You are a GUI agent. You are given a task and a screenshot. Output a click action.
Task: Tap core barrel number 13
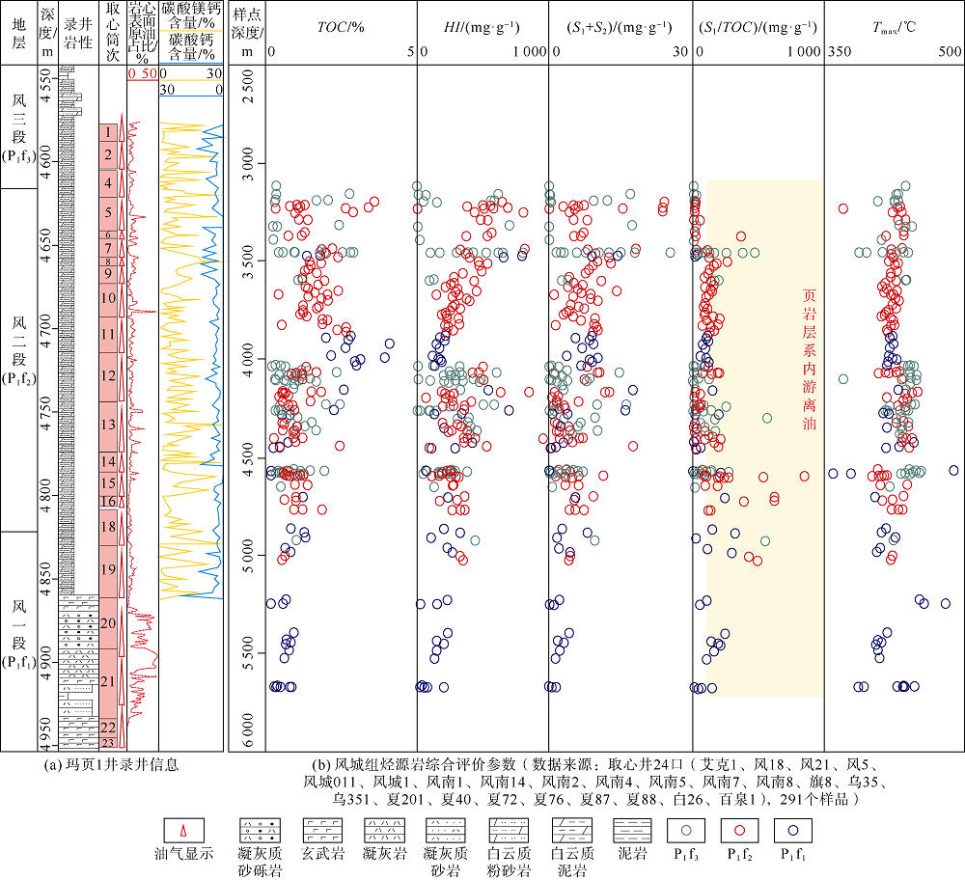click(109, 425)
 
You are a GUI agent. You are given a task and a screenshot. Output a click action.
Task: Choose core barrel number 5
click(109, 212)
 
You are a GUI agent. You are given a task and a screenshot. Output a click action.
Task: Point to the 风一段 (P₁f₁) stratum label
click(20, 642)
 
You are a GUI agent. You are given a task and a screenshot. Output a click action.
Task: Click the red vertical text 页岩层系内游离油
click(811, 362)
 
